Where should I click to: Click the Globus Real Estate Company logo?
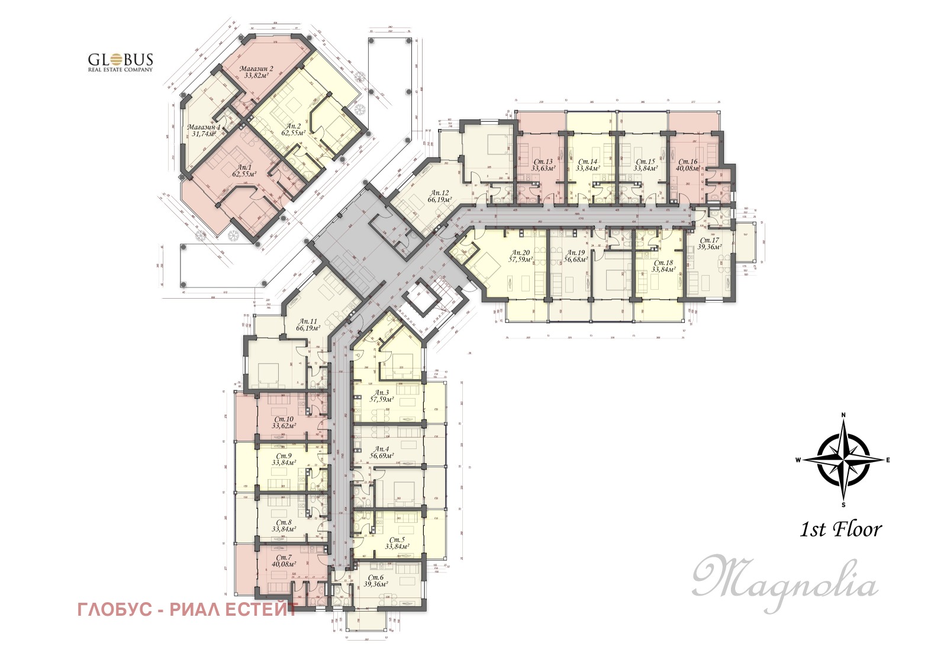(120, 62)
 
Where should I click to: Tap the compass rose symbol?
(843, 459)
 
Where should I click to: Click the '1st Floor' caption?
(840, 529)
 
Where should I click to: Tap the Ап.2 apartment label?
(294, 130)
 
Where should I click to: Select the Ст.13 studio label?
(543, 164)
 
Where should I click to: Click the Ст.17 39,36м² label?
(708, 244)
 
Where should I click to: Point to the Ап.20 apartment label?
(521, 256)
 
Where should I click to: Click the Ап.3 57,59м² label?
(382, 396)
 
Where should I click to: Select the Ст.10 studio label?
(284, 422)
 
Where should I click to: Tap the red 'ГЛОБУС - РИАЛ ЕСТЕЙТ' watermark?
(187, 609)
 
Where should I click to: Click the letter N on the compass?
(843, 415)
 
